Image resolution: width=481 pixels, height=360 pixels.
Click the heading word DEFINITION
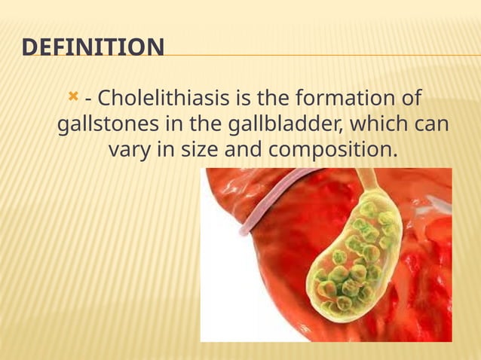point(93,48)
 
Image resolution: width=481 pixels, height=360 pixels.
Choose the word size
point(201,150)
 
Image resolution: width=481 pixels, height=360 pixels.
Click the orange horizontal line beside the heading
point(317,56)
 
